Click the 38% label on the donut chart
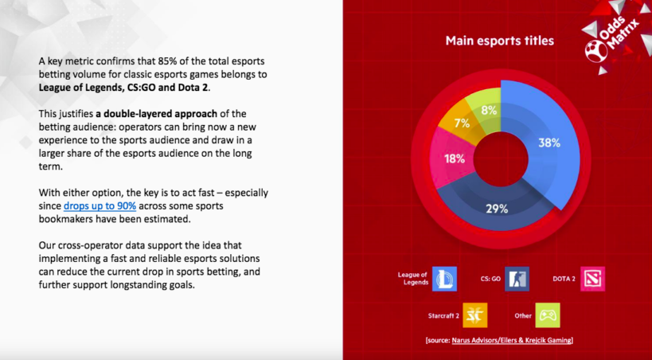click(x=549, y=143)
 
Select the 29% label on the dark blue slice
click(x=498, y=209)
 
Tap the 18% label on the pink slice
click(x=455, y=158)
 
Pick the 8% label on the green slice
click(x=489, y=110)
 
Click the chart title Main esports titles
click(x=499, y=41)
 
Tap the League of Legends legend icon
click(x=444, y=279)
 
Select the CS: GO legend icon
click(x=517, y=279)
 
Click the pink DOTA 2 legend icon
click(x=592, y=279)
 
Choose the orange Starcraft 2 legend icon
click(x=474, y=315)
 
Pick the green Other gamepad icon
click(x=548, y=315)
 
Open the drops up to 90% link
click(x=100, y=206)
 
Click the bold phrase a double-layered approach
click(x=160, y=114)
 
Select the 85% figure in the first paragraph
click(x=167, y=61)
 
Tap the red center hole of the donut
click(x=501, y=159)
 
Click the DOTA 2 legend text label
click(x=564, y=279)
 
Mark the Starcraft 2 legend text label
click(x=443, y=316)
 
